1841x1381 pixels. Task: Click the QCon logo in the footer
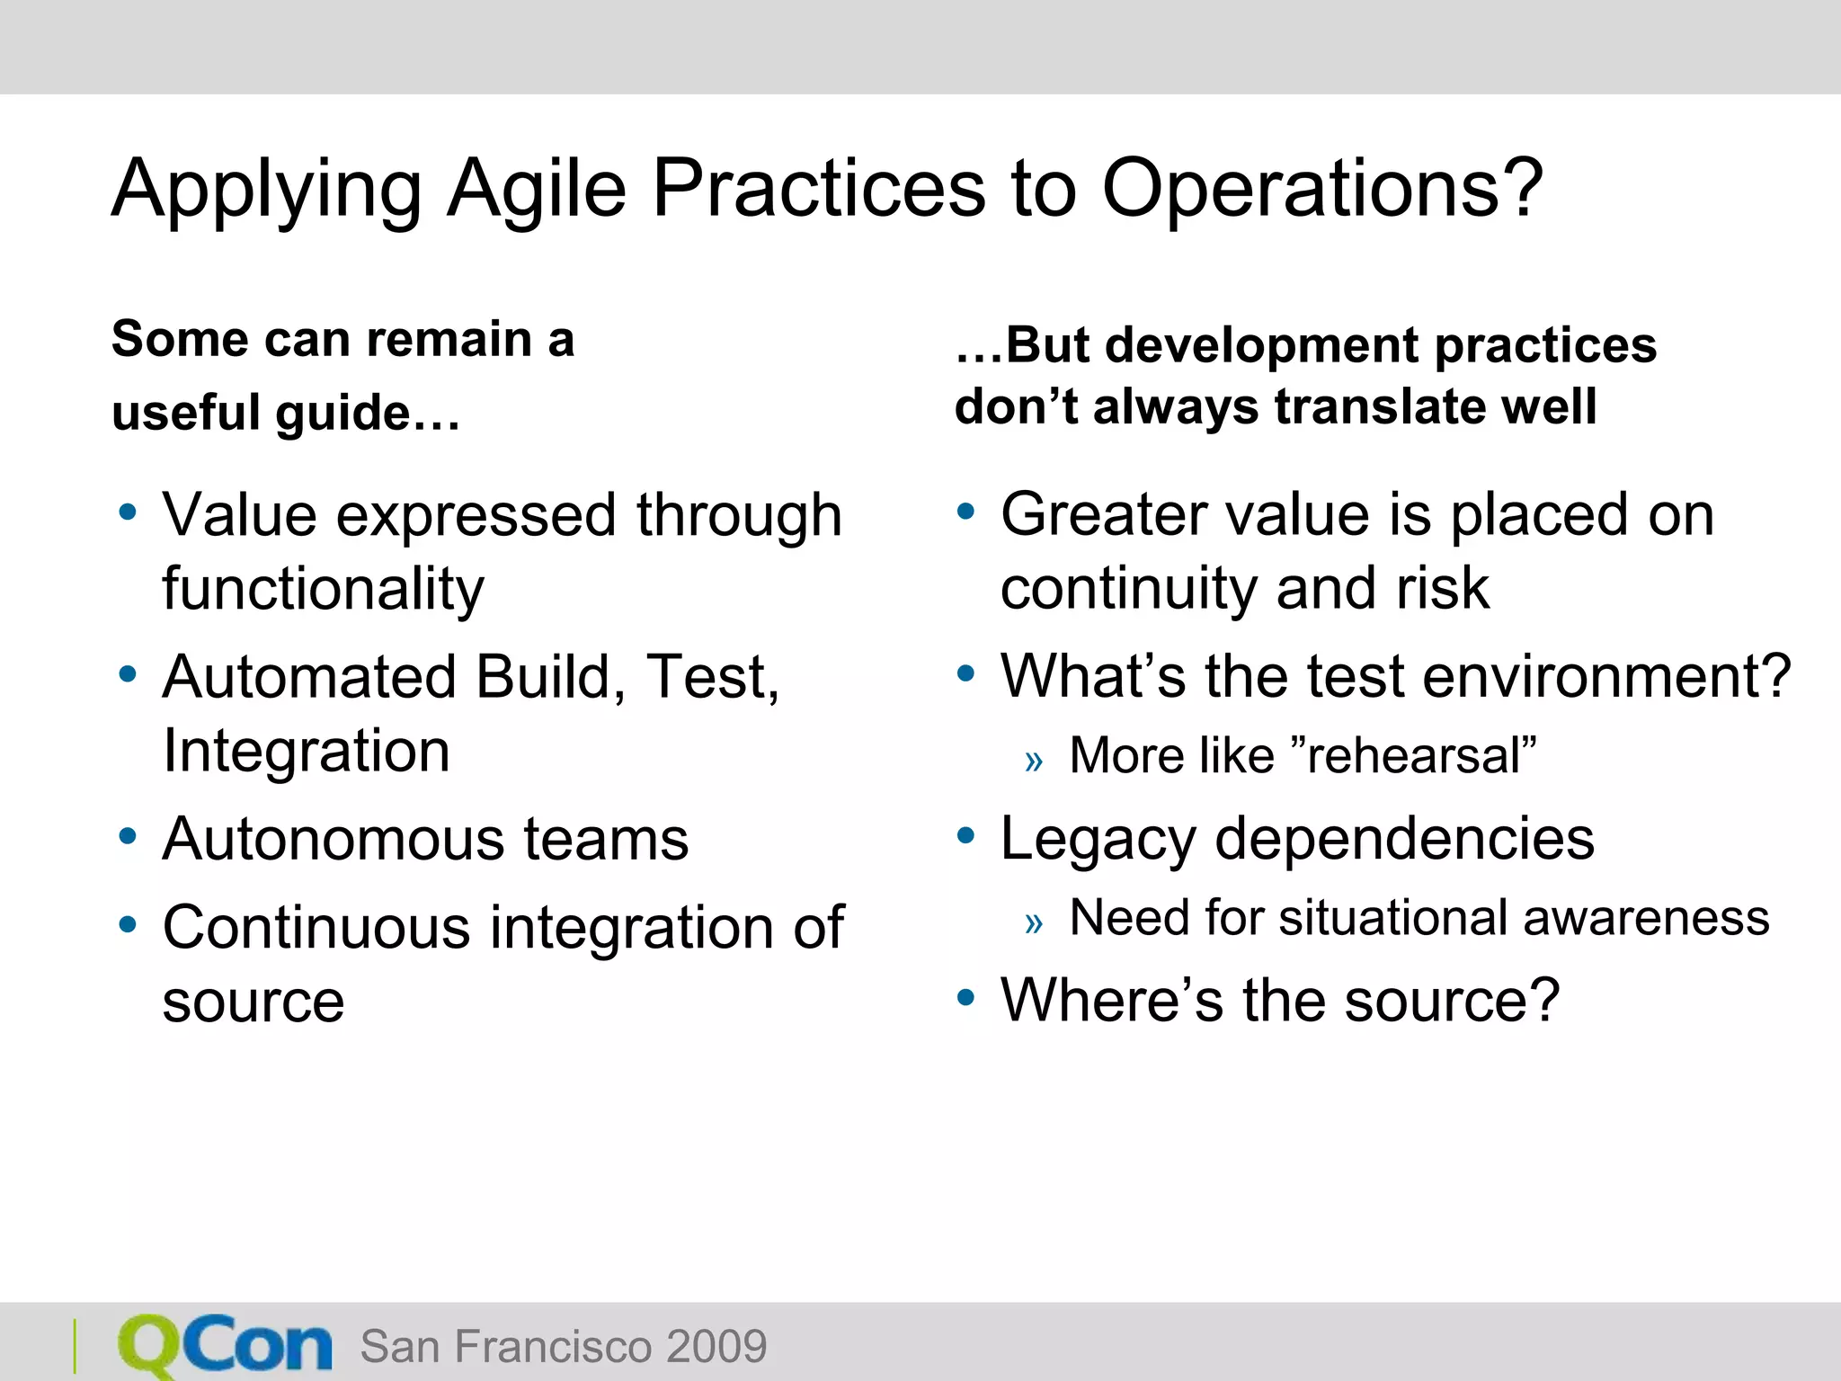pos(225,1345)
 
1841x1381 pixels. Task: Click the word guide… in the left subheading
pos(367,413)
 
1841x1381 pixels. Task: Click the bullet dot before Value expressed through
pos(128,513)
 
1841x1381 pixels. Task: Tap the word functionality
pos(323,589)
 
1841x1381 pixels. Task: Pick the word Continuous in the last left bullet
pos(316,927)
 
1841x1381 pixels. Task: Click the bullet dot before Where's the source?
pos(966,997)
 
